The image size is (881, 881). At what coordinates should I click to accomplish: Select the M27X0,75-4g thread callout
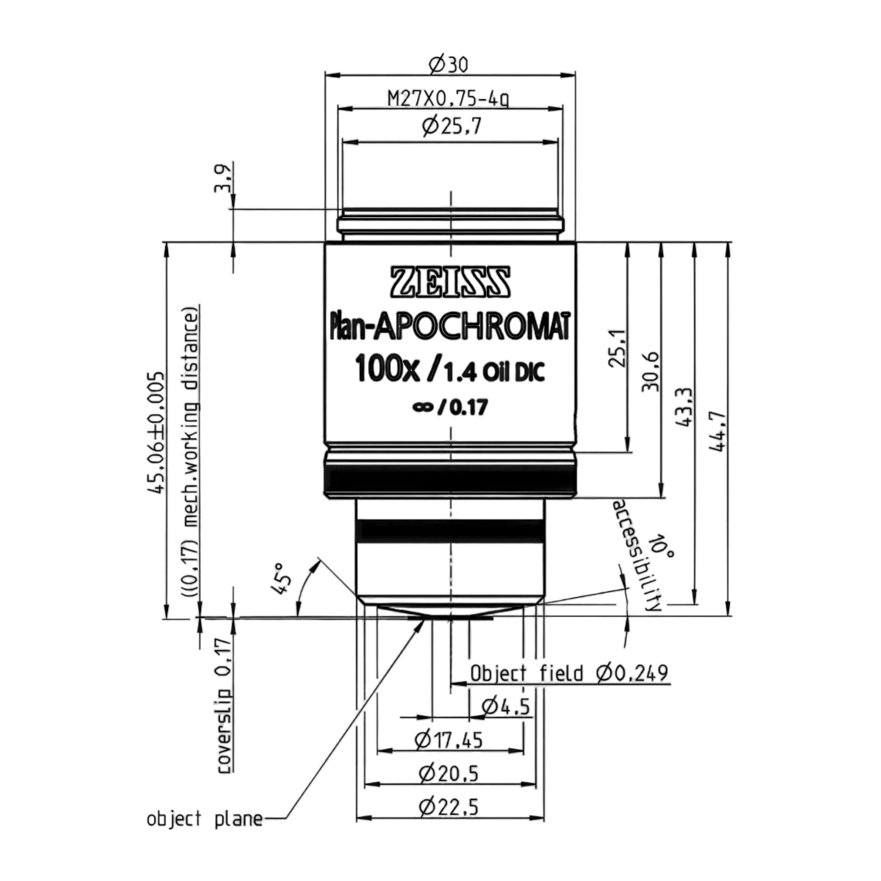click(448, 99)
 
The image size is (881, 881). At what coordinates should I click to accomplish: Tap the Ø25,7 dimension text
click(452, 126)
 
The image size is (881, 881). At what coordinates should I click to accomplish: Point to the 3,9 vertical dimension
click(223, 178)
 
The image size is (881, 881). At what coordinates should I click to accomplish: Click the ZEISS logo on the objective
click(450, 281)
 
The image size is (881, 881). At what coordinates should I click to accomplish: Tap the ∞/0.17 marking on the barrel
click(450, 407)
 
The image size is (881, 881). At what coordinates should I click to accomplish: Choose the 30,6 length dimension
click(651, 371)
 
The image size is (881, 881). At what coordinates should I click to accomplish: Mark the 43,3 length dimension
click(684, 408)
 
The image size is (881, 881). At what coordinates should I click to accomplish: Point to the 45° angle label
click(280, 579)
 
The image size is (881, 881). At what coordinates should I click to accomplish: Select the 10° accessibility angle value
click(661, 545)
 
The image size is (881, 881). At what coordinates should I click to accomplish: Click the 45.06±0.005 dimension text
click(156, 432)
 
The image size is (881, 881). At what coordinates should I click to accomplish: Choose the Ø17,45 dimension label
click(449, 740)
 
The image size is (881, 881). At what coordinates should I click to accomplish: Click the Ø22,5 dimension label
click(449, 808)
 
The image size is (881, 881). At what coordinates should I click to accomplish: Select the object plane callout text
click(205, 819)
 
